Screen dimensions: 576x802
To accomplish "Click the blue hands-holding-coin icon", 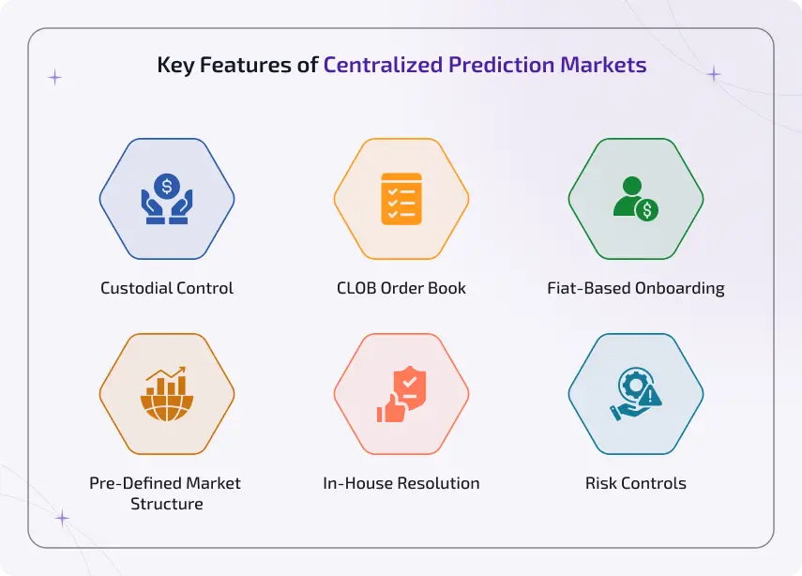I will click(x=167, y=199).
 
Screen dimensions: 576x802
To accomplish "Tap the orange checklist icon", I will click(x=401, y=199).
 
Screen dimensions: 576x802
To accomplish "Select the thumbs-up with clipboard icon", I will click(x=401, y=394).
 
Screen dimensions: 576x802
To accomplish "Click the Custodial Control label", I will click(x=167, y=288).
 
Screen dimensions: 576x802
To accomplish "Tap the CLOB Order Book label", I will click(x=401, y=288).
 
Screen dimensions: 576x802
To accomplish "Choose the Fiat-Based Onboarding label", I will click(x=636, y=288).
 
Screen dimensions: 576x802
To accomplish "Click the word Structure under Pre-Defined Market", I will click(x=167, y=504).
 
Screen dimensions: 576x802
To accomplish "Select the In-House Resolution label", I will click(x=401, y=484).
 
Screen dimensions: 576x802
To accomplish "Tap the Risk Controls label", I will click(x=636, y=484).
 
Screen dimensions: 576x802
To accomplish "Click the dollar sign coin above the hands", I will click(x=167, y=186).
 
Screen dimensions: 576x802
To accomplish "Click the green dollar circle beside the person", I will click(x=646, y=209).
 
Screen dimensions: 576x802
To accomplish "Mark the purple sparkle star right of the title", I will click(x=714, y=74).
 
